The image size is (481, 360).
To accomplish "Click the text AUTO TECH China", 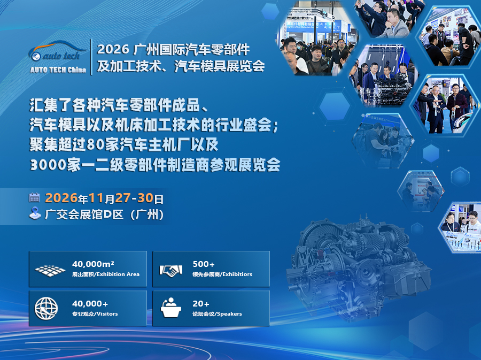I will point(58,70).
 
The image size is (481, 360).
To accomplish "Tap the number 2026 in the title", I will point(113,50).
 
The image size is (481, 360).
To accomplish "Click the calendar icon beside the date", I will point(35,197).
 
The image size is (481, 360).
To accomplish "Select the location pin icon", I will point(35,213).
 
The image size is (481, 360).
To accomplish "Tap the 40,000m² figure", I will point(93,264).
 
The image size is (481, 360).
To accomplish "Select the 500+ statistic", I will point(204,264).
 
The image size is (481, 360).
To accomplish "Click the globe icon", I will point(46,308).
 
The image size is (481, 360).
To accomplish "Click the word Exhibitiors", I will point(235,274).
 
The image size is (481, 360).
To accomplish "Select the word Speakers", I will point(229,314).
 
